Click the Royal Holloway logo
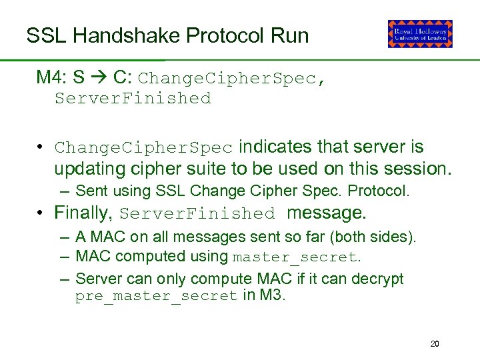tap(420, 34)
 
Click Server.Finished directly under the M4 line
tap(133, 99)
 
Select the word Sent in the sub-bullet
tap(91, 191)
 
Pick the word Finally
tap(83, 213)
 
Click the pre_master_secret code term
tap(157, 296)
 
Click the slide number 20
tap(435, 344)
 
